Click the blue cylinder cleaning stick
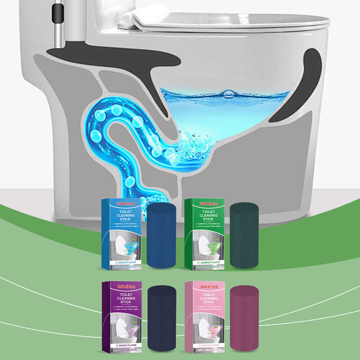pos(161,235)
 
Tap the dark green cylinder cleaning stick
pos(244,235)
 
